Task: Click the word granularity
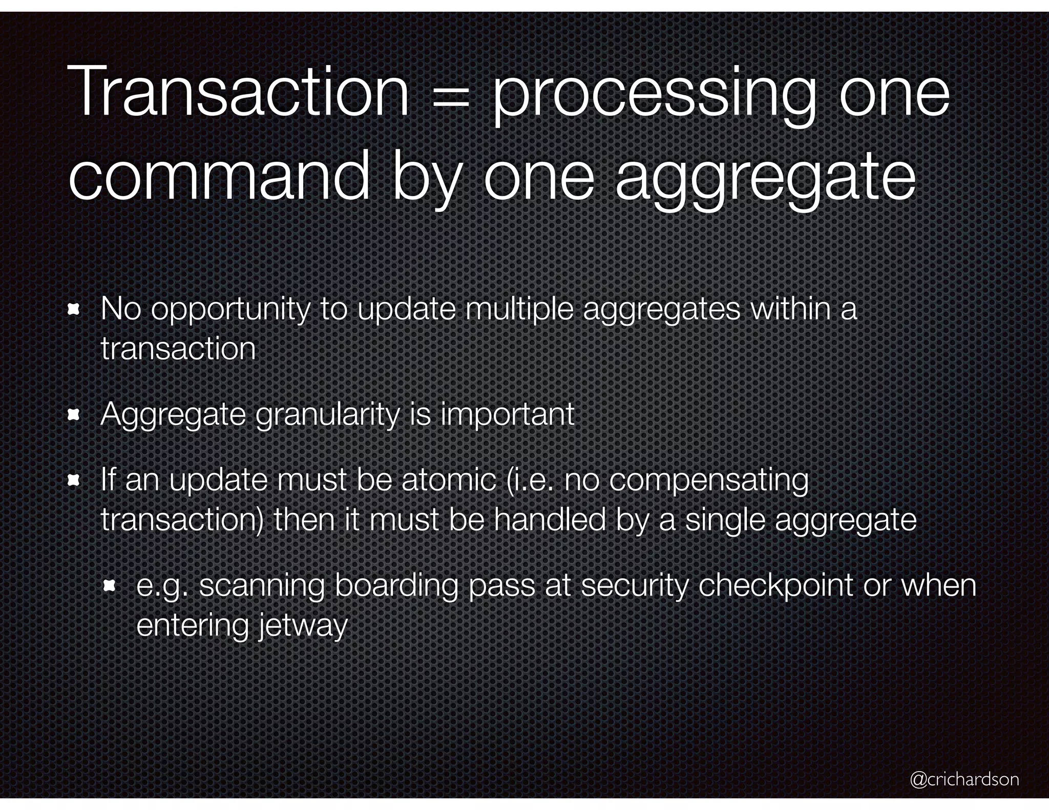[327, 415]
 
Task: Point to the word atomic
[448, 480]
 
